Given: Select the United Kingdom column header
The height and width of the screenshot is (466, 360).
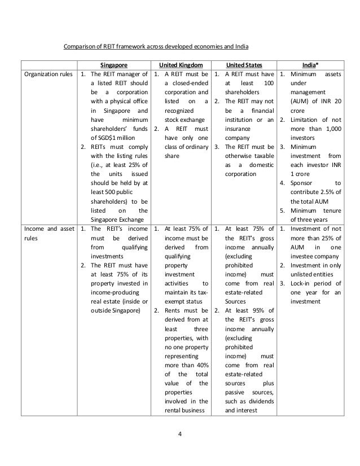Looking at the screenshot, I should click(182, 65).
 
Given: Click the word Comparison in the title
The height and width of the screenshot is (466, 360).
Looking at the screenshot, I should click(80, 45).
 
